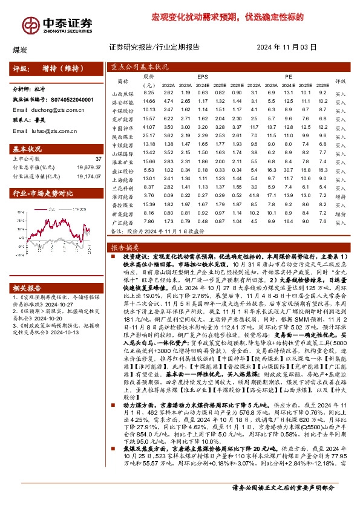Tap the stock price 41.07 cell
point(149,128)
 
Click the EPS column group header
point(202,77)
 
